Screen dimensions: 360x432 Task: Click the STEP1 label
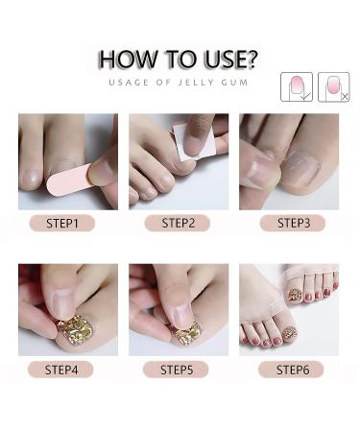62,223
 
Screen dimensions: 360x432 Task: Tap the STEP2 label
178,223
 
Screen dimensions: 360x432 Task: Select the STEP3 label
293,223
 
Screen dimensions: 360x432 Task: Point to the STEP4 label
60,370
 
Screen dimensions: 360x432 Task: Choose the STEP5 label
176,370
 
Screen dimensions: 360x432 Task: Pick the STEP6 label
291,370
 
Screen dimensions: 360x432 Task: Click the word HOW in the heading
129,60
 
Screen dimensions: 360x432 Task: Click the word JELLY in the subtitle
196,83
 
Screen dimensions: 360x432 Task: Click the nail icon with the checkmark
297,87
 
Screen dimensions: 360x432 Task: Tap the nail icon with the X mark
334,87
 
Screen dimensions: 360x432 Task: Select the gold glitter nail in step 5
187,334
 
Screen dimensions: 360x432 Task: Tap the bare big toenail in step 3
300,169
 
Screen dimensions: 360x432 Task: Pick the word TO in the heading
181,60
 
